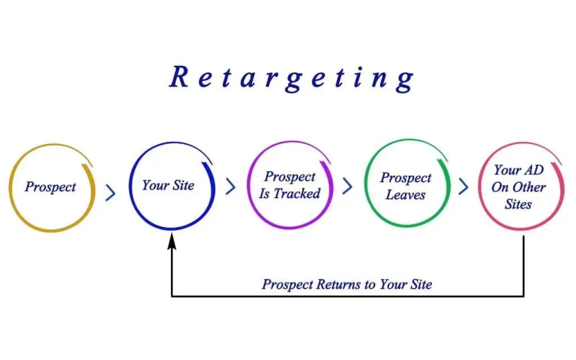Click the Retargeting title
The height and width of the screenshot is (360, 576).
[292, 78]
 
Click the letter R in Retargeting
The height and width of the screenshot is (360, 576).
[179, 76]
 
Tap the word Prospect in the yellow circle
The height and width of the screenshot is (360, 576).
[50, 187]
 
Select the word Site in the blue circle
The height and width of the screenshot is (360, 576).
[184, 185]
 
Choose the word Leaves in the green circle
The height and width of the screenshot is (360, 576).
[406, 195]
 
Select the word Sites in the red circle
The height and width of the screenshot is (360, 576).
[518, 204]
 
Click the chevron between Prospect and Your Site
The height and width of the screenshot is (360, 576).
[111, 193]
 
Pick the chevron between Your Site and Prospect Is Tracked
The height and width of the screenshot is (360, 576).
[230, 186]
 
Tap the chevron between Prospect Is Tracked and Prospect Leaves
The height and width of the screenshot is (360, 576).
[348, 186]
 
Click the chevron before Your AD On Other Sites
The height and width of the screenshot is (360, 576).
[463, 186]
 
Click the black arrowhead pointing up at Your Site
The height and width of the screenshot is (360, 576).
[172, 242]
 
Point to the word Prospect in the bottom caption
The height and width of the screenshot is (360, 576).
[287, 285]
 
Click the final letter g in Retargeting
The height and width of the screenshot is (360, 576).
[405, 81]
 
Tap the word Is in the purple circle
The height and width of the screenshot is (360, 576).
[264, 193]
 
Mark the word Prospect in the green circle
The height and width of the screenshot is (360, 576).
[406, 178]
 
